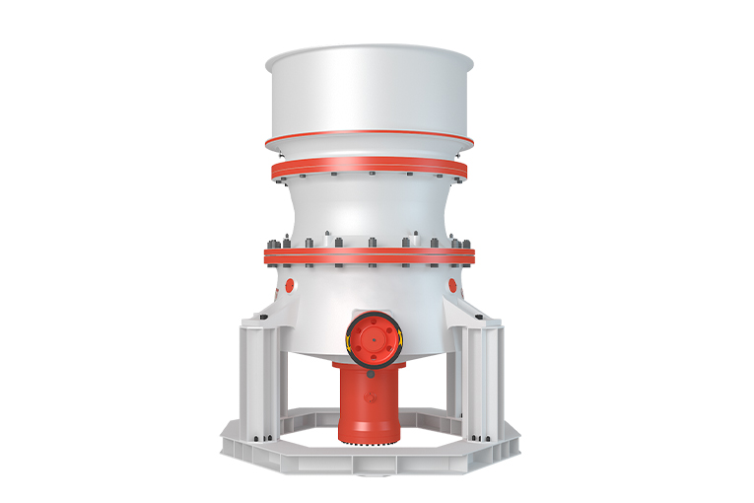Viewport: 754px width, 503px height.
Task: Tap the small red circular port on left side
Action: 290,285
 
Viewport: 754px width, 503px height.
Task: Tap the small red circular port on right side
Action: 452,285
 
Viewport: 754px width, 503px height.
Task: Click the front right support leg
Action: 482,375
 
